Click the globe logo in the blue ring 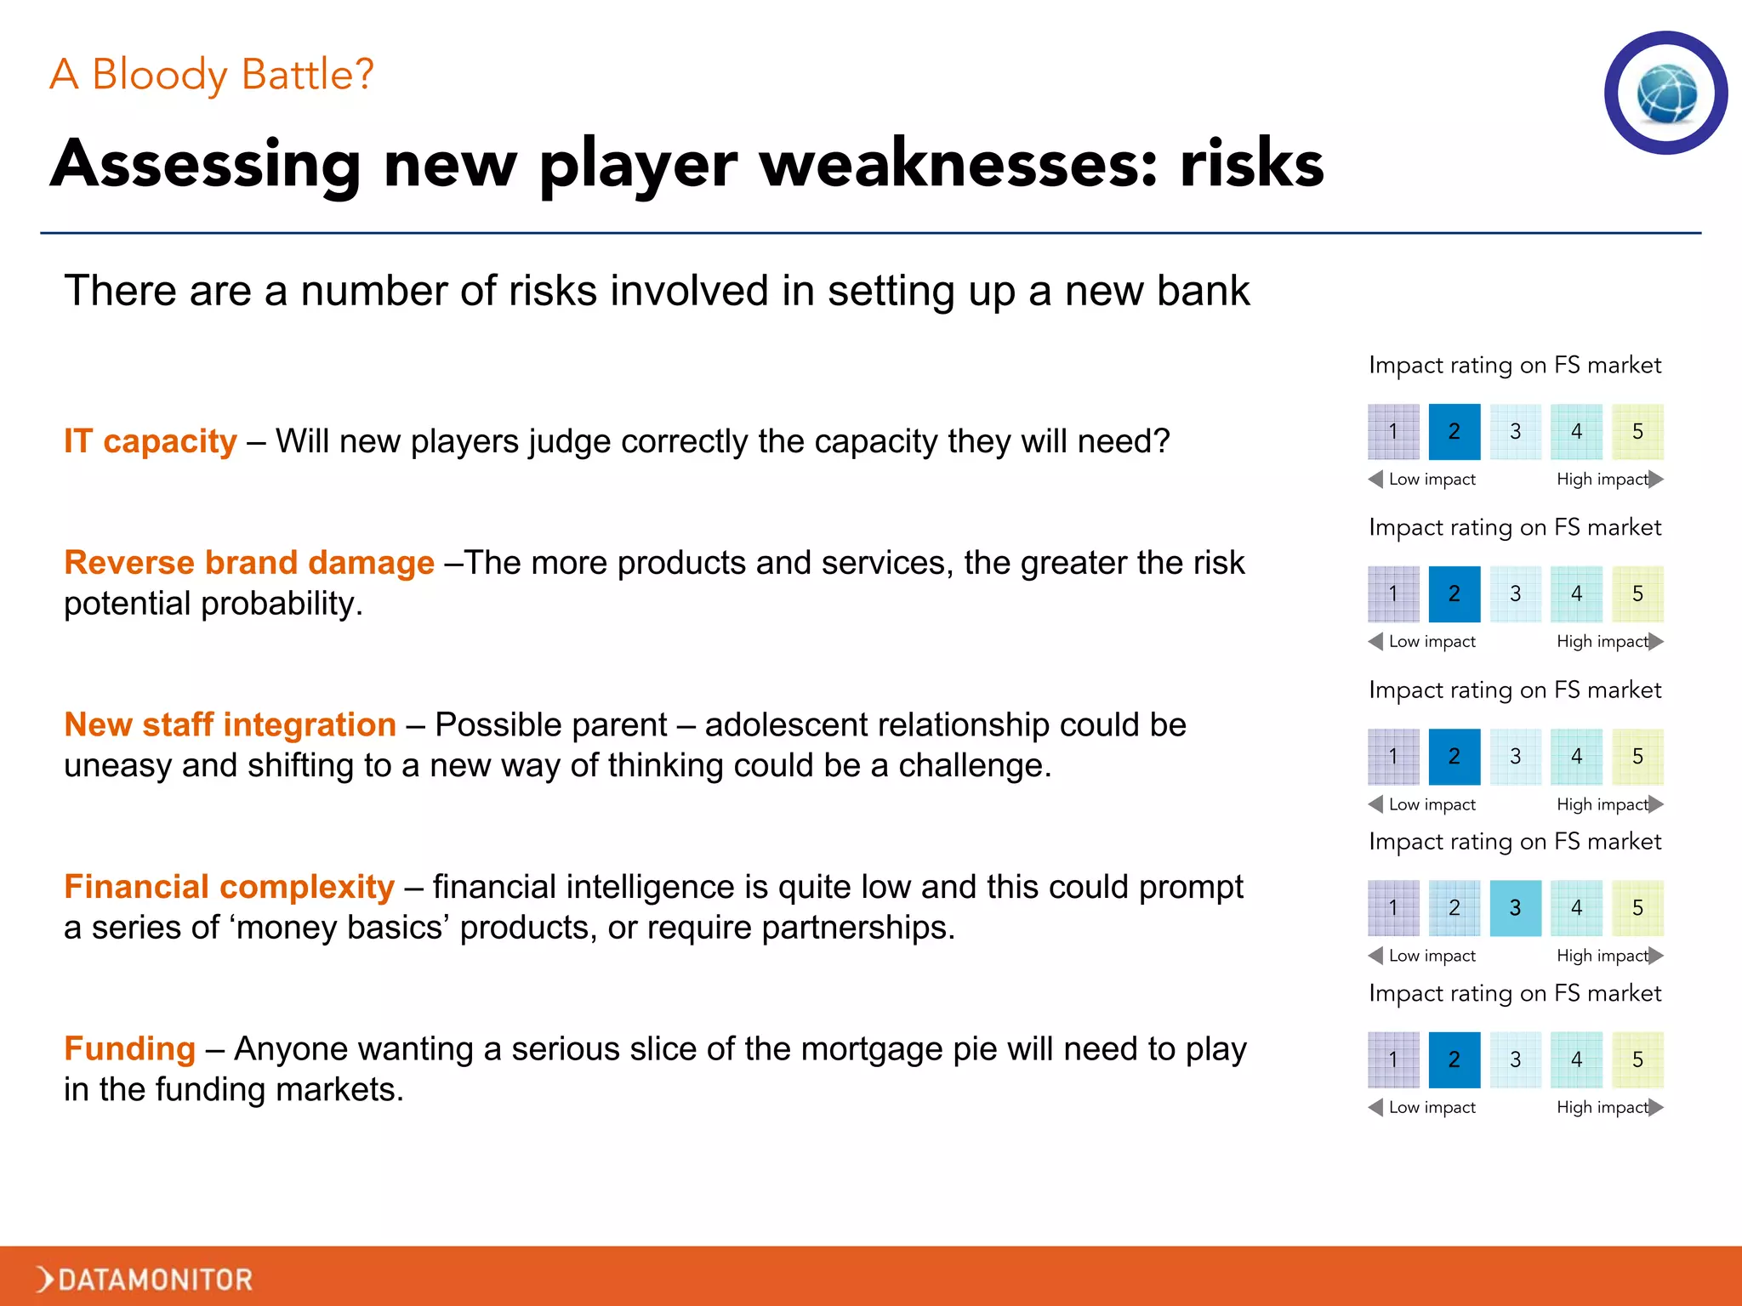(x=1666, y=94)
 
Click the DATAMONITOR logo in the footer (x=145, y=1279)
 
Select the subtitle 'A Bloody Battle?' (x=211, y=75)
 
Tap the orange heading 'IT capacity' (x=151, y=441)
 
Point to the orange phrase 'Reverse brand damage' (x=249, y=563)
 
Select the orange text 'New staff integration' (x=231, y=725)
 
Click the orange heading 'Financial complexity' (x=230, y=887)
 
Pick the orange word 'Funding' (x=130, y=1049)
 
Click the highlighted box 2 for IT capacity (x=1454, y=432)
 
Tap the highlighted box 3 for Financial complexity (x=1515, y=908)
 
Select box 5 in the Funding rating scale (x=1637, y=1059)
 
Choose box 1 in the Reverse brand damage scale (x=1393, y=593)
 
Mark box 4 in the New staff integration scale (x=1576, y=756)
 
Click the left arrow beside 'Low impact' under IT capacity (x=1375, y=480)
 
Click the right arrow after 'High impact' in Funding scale (x=1655, y=1107)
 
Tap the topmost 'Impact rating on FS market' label (x=1514, y=366)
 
